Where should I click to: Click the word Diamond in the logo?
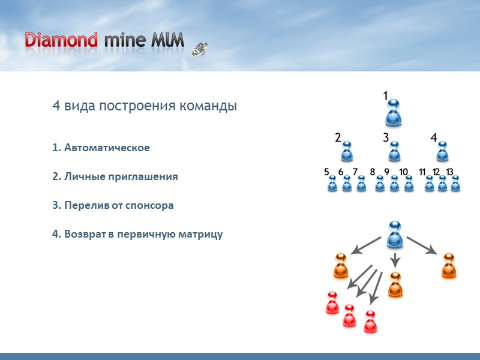click(61, 40)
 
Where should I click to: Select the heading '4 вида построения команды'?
click(144, 106)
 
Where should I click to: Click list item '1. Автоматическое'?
click(101, 148)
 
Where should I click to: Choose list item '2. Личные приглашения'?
click(115, 177)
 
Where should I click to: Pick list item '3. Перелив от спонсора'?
click(113, 205)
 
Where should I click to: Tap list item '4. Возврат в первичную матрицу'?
click(137, 233)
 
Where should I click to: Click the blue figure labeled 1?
click(394, 113)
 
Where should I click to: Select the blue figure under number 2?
click(347, 152)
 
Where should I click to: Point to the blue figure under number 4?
click(442, 152)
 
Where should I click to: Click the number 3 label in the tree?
click(386, 137)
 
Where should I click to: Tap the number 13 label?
click(449, 172)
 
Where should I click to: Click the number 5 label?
click(327, 172)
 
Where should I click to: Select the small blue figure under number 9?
click(394, 184)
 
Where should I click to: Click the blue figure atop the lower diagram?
click(394, 235)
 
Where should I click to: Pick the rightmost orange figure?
click(449, 266)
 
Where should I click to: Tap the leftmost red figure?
click(332, 303)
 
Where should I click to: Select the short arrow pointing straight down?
click(395, 260)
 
